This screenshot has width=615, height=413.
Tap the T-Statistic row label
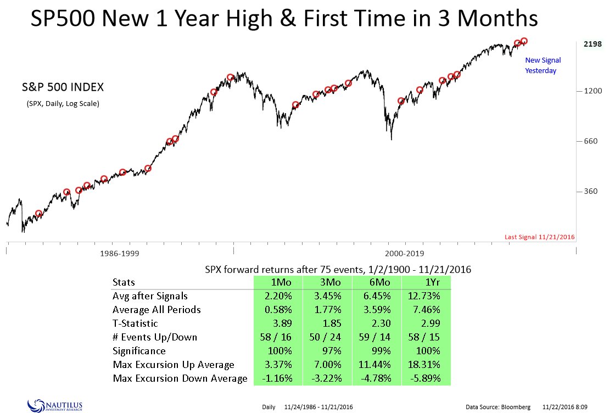click(x=135, y=323)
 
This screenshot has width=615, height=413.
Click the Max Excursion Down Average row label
click(x=180, y=378)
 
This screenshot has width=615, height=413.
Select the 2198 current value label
click(x=592, y=44)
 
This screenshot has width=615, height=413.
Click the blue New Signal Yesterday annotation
click(x=543, y=65)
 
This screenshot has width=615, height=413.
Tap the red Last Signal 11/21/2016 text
click(x=539, y=237)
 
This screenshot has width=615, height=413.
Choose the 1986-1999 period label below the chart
click(x=123, y=254)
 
